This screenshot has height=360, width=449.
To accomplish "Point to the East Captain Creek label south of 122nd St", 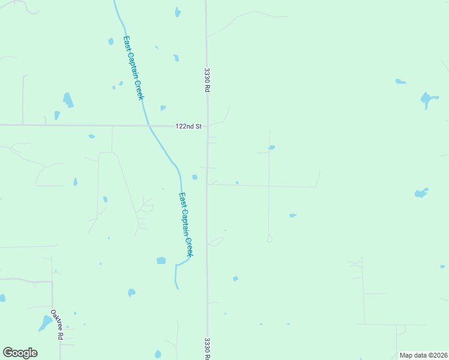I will (x=186, y=224).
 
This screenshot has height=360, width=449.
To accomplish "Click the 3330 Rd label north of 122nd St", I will (x=206, y=79).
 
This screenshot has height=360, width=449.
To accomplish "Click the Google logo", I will (x=20, y=353).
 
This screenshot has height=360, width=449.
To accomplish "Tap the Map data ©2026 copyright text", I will (x=423, y=355).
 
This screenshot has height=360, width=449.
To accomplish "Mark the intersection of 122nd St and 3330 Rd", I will (x=208, y=126).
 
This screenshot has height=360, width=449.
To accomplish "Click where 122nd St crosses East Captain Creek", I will (x=149, y=126).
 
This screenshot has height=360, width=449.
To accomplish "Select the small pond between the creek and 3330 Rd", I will (x=194, y=176).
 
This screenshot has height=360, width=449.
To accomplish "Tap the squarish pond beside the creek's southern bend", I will (x=161, y=260).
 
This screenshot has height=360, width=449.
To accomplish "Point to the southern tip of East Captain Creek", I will (x=177, y=288).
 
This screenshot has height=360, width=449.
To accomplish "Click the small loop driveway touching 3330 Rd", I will (x=216, y=241).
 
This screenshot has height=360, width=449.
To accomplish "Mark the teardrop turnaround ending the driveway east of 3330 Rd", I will (x=270, y=239).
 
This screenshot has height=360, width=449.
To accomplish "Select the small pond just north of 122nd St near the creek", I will (x=163, y=108).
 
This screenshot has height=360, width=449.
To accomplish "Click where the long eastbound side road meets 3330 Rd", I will (x=208, y=184).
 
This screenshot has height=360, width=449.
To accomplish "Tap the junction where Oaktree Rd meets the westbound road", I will (x=52, y=280).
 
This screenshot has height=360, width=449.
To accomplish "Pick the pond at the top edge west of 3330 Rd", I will (x=178, y=12).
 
